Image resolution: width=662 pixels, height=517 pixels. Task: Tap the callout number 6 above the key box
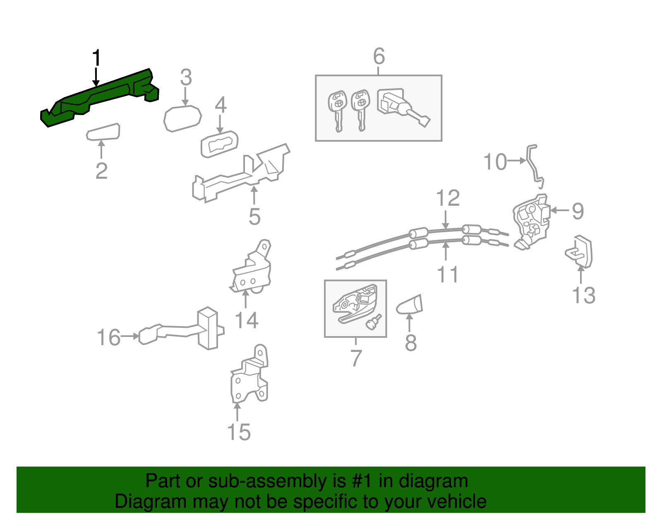pos(379,56)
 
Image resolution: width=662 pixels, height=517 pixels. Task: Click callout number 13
pos(583,295)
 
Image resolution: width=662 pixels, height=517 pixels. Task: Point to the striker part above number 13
pos(578,251)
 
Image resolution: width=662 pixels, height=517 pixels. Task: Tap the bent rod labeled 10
pos(534,166)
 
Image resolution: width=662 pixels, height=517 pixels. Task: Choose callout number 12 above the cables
pos(448,198)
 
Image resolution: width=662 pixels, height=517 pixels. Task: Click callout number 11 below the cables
pos(448,274)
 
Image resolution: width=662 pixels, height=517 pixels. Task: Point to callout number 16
pos(108,337)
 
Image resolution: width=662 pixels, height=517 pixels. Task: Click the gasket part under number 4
pos(219,144)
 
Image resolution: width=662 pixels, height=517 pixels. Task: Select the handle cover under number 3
pos(182,118)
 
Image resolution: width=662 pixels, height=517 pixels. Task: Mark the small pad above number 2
pos(103,132)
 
